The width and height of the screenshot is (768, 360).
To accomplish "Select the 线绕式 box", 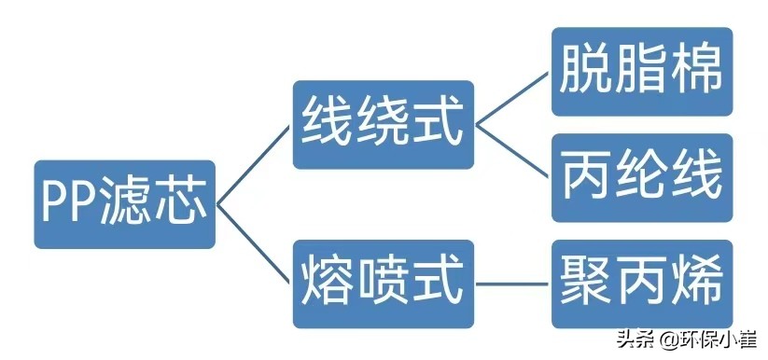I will click(382, 125).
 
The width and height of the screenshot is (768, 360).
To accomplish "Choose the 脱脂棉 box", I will click(641, 72).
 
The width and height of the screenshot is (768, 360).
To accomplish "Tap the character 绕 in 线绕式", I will click(382, 125).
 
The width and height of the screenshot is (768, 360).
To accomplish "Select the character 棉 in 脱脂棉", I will click(696, 72).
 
